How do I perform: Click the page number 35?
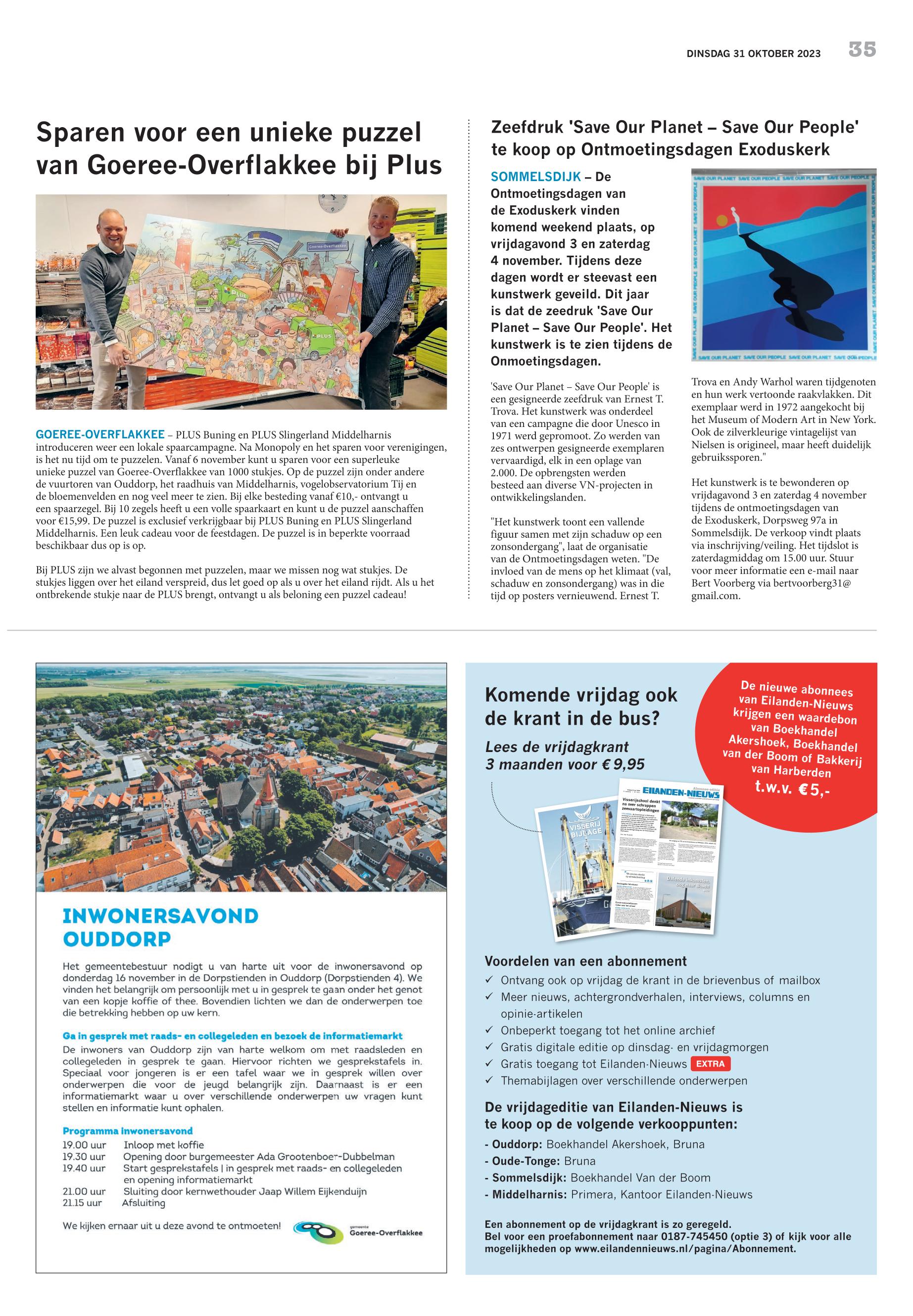(x=862, y=50)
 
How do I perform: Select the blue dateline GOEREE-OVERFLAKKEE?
(x=100, y=435)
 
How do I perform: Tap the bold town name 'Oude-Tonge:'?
(x=525, y=1161)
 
